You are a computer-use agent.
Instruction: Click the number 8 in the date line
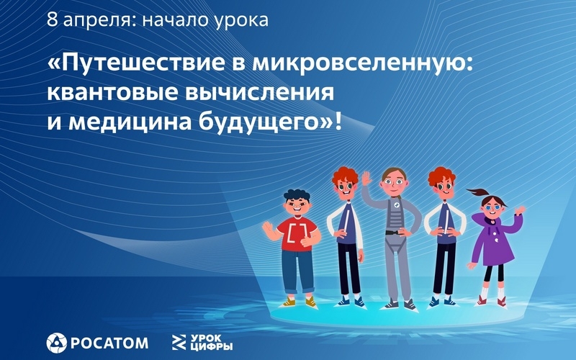[52, 19]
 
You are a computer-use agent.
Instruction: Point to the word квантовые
[112, 93]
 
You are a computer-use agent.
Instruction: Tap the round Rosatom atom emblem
[57, 343]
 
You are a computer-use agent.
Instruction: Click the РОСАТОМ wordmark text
[109, 343]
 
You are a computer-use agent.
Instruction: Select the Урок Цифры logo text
[212, 343]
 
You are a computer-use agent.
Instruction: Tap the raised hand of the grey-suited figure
[366, 179]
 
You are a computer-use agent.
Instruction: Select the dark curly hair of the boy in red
[297, 195]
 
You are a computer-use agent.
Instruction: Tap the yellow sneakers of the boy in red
[300, 302]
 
